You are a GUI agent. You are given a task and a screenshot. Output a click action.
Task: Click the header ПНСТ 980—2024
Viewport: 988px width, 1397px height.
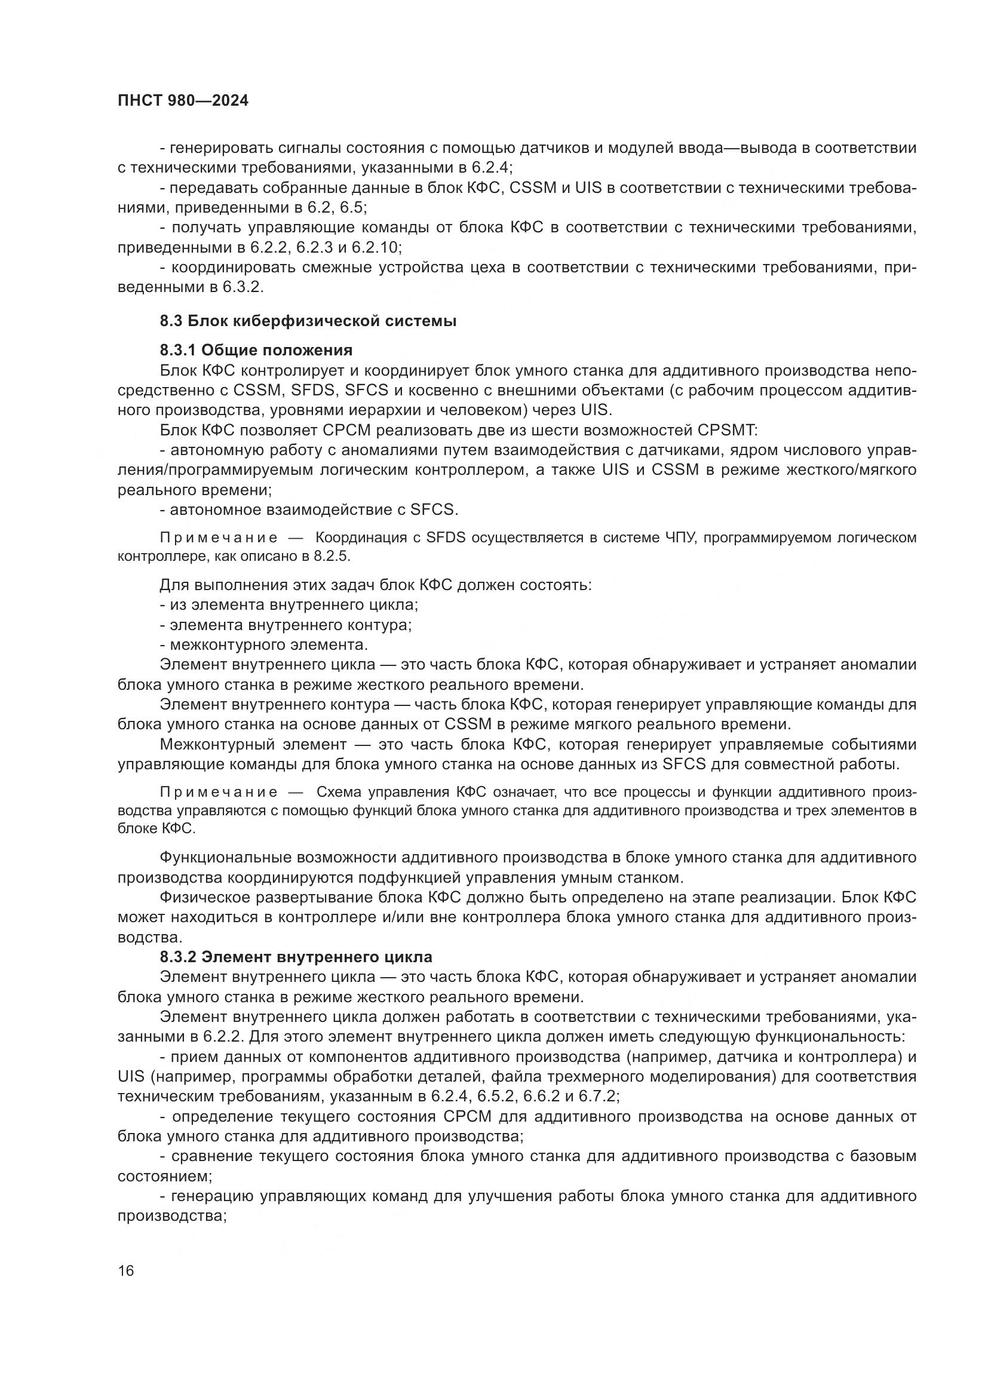tap(183, 101)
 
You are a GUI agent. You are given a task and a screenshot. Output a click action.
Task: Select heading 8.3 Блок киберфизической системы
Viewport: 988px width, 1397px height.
tap(308, 321)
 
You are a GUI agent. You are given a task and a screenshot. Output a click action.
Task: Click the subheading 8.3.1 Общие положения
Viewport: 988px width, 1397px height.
tap(256, 350)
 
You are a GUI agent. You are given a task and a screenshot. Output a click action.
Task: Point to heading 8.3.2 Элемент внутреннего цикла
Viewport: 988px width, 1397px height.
tap(296, 956)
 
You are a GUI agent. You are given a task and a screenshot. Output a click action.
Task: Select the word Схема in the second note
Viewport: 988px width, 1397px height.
tap(339, 792)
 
